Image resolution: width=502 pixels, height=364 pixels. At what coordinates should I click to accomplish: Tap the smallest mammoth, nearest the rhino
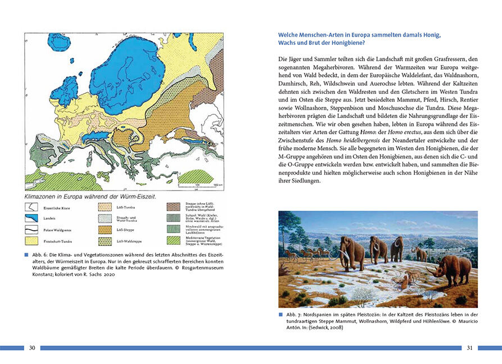pos(419,253)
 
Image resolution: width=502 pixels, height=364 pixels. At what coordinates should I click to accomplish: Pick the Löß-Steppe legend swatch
pos(105,230)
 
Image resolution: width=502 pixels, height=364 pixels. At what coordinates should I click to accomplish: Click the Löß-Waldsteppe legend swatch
pos(105,241)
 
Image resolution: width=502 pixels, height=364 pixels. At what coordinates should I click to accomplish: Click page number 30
pos(32,348)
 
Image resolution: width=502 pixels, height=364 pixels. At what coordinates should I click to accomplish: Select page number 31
pos(470,348)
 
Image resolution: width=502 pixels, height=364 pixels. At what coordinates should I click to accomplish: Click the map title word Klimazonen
pos(43,197)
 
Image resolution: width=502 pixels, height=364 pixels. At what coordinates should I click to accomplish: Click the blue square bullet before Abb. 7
pos(281,315)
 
